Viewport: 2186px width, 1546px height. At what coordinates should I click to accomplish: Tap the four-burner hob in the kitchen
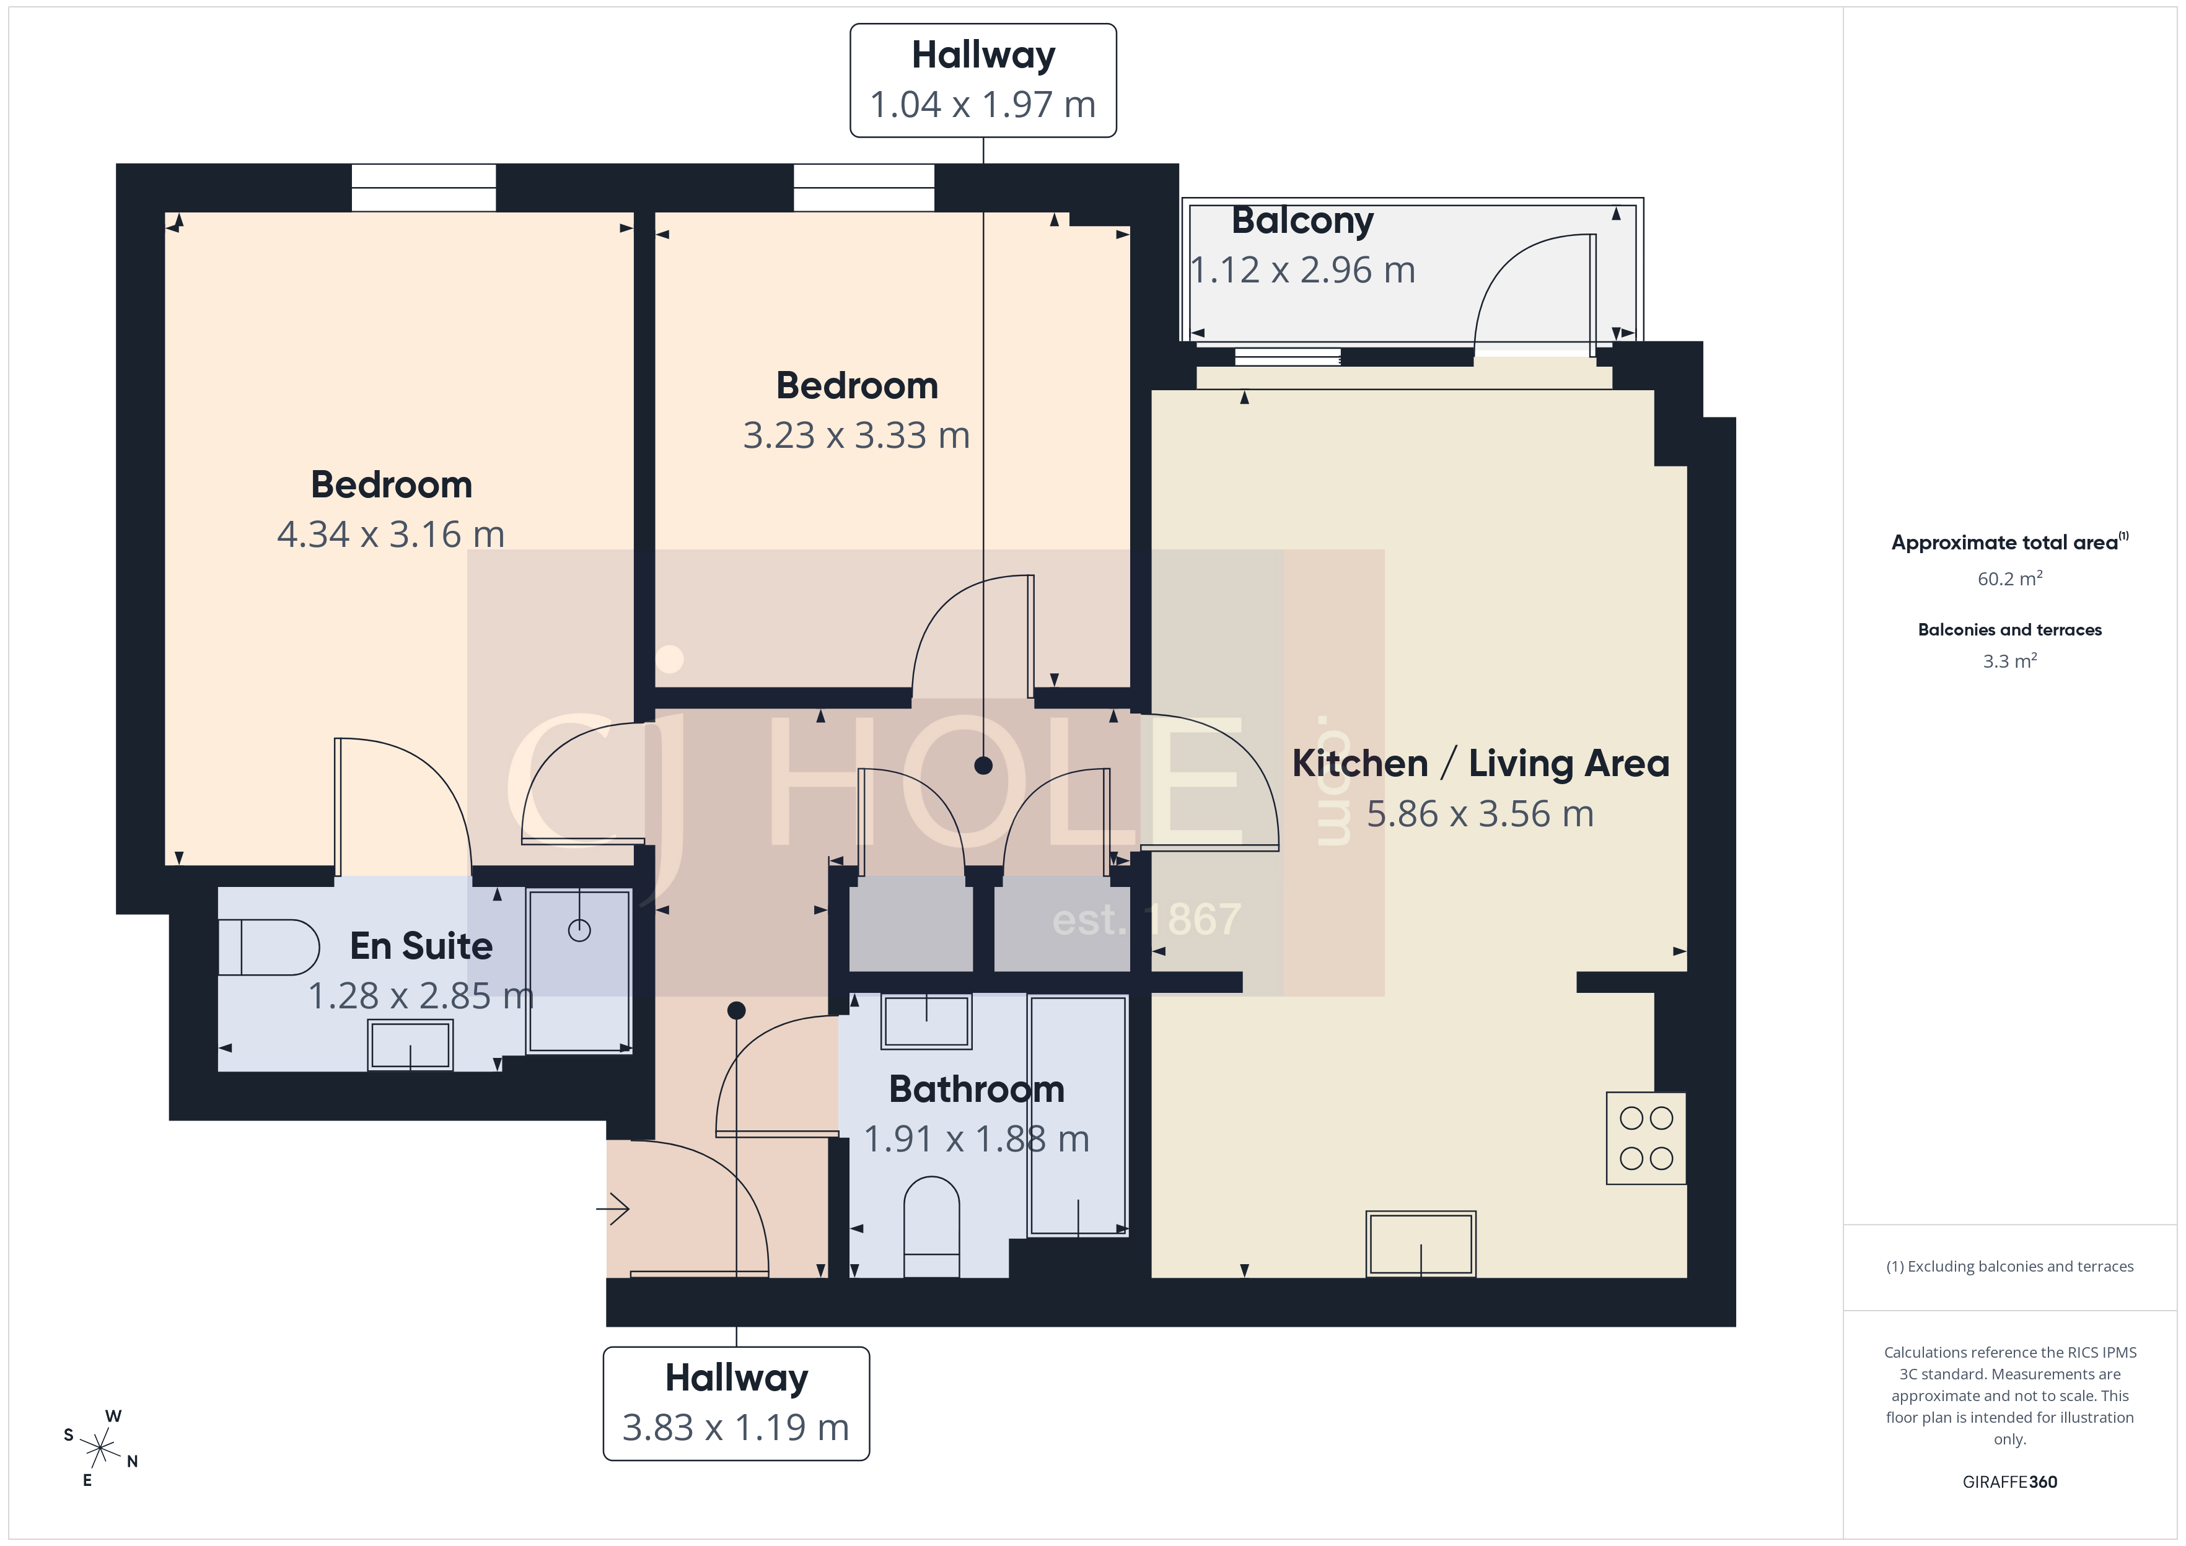click(x=1645, y=1138)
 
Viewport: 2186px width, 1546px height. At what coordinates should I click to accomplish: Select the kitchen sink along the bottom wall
click(x=1420, y=1243)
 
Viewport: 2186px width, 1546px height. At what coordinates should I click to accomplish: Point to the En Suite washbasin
click(x=410, y=1046)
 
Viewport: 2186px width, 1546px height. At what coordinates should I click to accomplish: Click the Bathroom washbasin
click(x=926, y=1021)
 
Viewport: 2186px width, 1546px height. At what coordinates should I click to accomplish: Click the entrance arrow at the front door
click(x=613, y=1209)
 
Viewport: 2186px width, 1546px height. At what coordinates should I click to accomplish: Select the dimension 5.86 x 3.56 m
click(x=1480, y=814)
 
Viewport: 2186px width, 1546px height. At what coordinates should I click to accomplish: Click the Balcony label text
click(x=1302, y=221)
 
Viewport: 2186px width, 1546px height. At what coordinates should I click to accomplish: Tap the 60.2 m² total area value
click(x=2009, y=579)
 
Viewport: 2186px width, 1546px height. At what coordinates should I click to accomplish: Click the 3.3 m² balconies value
click(x=2009, y=661)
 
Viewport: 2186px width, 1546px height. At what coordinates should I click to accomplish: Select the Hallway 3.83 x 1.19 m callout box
click(x=736, y=1403)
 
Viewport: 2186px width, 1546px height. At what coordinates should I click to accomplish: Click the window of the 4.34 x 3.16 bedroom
click(x=424, y=188)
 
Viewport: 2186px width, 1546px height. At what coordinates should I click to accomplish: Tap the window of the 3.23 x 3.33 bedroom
click(x=864, y=188)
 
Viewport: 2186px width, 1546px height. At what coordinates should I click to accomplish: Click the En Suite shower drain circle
click(x=579, y=930)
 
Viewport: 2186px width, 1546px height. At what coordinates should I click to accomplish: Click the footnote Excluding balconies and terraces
click(x=2009, y=1266)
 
